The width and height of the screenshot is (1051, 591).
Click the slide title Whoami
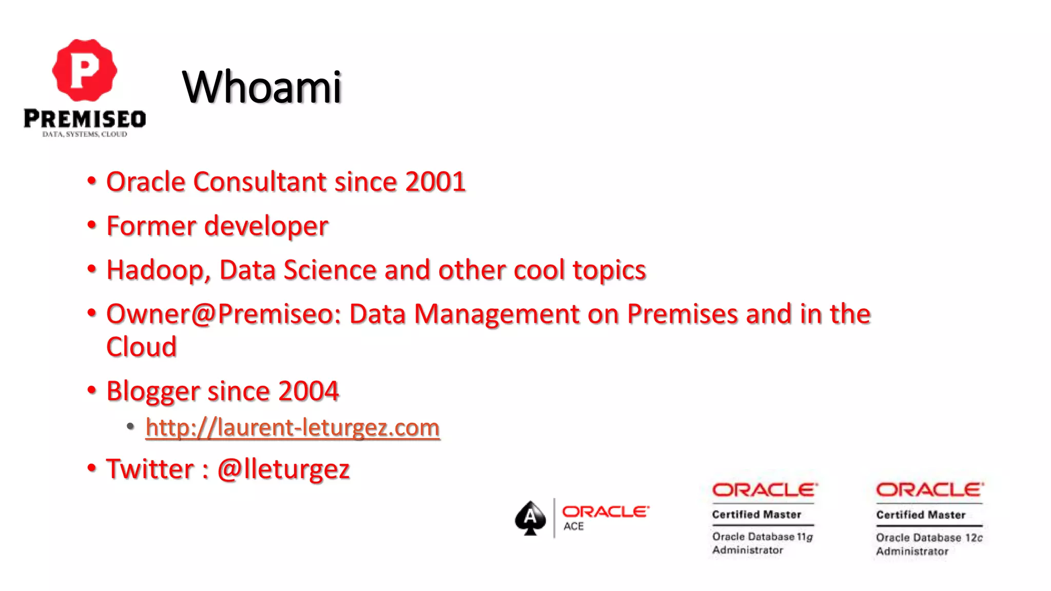(262, 87)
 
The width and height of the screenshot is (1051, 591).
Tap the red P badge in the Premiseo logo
(85, 70)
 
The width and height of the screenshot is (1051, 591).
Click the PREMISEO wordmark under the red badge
(85, 119)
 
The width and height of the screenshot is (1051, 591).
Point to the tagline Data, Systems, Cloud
(85, 134)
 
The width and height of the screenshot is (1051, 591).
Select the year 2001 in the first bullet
(435, 182)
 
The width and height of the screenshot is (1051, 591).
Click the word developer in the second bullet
(266, 226)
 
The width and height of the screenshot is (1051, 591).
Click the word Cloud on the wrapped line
(142, 347)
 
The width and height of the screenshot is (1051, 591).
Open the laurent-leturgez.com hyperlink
(293, 428)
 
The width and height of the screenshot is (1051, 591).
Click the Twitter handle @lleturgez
(283, 469)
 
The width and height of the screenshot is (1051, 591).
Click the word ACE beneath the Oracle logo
(573, 526)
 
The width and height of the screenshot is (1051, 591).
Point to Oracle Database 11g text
(762, 537)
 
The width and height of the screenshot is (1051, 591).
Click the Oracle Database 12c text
(929, 538)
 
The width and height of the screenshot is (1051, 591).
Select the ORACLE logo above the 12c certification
(929, 490)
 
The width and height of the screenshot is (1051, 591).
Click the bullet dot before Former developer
(92, 225)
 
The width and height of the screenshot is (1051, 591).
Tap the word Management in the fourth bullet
(496, 314)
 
